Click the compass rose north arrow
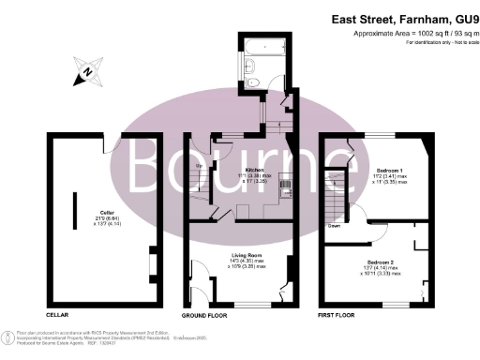(x=86, y=70)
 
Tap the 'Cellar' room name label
(x=94, y=212)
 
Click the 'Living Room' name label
(x=246, y=253)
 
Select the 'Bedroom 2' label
(x=380, y=260)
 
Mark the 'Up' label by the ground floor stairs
(x=198, y=167)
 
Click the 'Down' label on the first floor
(x=334, y=225)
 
